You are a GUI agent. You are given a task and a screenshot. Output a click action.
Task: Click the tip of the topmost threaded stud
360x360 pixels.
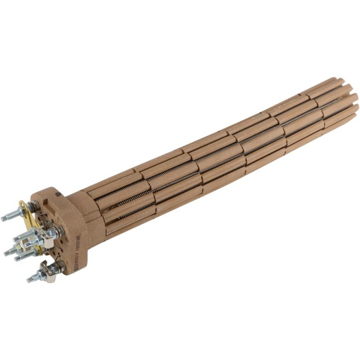(3, 219)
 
